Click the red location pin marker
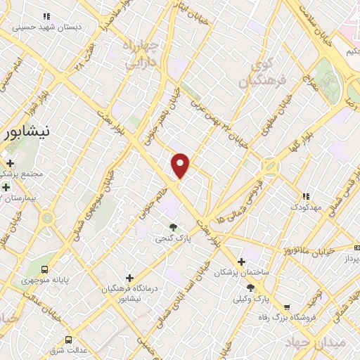click(x=181, y=165)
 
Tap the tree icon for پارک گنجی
click(x=173, y=227)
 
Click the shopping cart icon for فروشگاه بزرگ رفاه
click(x=287, y=307)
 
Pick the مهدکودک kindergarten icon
click(x=304, y=197)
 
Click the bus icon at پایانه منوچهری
click(x=46, y=269)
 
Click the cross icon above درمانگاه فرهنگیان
click(x=129, y=278)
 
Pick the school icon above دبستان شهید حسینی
click(x=46, y=15)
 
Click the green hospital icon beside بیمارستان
click(x=6, y=187)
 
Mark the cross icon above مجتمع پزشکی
click(x=9, y=163)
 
